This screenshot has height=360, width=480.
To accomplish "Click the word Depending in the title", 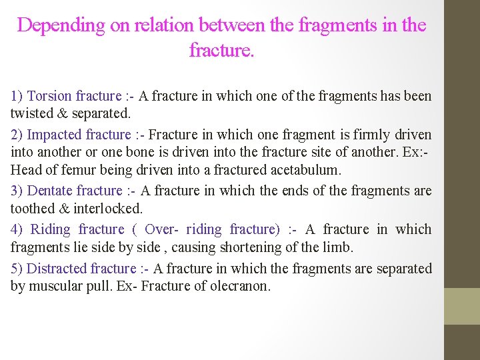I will pos(61,26).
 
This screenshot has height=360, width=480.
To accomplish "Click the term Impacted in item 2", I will pos(55,135).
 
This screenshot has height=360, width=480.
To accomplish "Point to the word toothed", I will pos(32,209).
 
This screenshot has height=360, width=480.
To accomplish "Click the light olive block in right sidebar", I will pos(462,306).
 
